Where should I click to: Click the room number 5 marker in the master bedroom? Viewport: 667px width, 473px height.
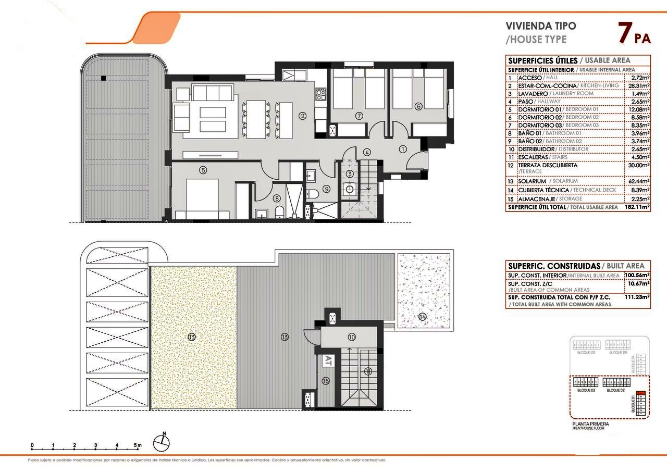203,169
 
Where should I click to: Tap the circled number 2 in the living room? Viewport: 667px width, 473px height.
302,116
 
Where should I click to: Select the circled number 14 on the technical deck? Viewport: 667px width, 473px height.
422,316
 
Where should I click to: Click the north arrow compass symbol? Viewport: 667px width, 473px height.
162,442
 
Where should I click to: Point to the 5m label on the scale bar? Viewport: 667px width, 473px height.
138,445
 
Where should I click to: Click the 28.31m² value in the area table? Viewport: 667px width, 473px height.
637,85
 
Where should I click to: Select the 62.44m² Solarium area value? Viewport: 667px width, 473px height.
637,181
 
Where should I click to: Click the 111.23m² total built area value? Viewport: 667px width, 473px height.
637,297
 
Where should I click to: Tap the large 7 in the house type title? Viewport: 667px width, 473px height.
624,33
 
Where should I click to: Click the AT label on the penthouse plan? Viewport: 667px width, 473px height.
328,359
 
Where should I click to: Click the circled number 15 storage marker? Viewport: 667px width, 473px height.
326,381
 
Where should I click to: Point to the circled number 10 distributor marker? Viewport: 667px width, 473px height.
352,337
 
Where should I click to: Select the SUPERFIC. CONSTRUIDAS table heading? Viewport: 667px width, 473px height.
552,266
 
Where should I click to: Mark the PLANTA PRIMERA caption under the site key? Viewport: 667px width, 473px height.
590,424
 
